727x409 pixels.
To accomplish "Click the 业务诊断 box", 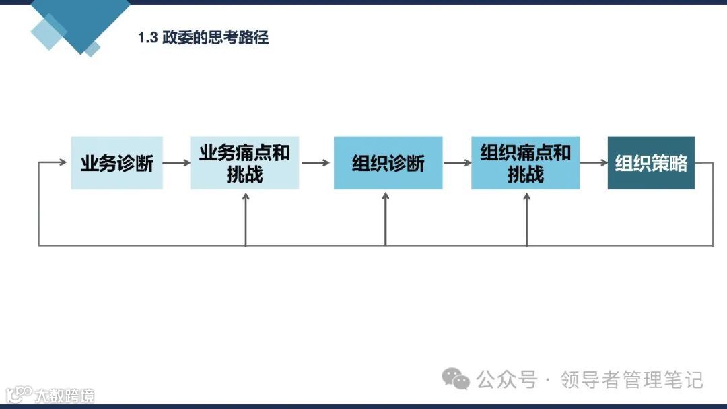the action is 117,163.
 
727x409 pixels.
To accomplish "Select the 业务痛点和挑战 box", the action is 244,163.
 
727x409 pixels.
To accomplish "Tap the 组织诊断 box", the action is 388,163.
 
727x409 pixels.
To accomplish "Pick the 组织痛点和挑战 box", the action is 525,163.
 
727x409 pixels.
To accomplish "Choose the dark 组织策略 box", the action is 651,163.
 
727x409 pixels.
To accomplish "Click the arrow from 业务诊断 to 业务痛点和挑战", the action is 177,163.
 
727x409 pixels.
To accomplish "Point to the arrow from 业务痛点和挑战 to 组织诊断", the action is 316,163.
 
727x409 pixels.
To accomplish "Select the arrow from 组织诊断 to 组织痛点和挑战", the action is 457,163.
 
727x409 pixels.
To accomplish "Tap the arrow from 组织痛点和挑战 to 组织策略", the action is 594,163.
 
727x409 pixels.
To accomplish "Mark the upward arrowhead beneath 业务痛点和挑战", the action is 246,196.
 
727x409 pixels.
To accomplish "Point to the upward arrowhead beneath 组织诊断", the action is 386,196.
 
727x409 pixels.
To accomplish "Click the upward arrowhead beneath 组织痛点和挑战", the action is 526,196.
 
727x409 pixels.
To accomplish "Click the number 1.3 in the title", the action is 147,38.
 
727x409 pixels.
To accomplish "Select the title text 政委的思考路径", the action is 215,38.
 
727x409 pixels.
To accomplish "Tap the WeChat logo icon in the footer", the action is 456,379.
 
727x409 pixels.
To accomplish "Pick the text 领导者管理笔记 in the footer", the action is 632,380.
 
